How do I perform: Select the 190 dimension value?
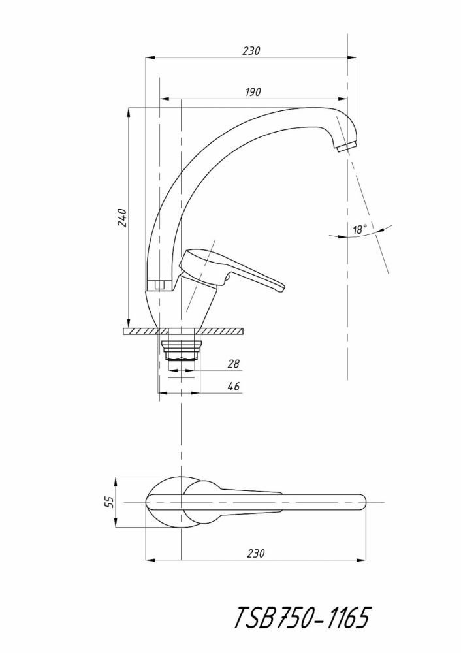point(253,92)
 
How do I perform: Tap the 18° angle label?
point(358,229)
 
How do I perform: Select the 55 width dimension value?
point(109,502)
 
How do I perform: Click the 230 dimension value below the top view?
point(256,553)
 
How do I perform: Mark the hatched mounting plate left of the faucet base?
point(139,332)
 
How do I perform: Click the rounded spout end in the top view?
point(358,502)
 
